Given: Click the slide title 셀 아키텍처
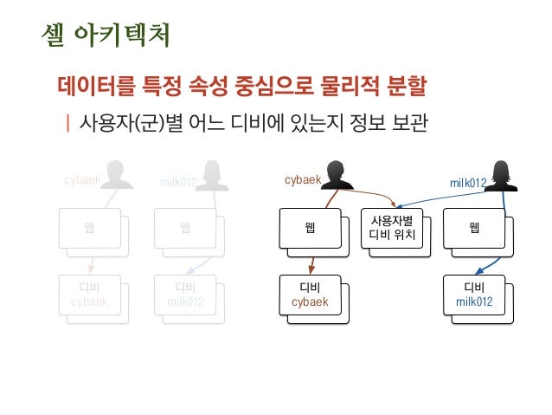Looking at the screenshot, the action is coord(106,36).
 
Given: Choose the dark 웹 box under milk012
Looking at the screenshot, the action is coord(473,228).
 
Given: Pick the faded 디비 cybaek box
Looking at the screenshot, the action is coord(90,295).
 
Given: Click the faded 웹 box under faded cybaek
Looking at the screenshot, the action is coord(90,229).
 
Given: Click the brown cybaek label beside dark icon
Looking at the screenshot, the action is coord(303,180).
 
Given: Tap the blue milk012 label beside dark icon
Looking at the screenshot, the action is coord(468,182).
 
